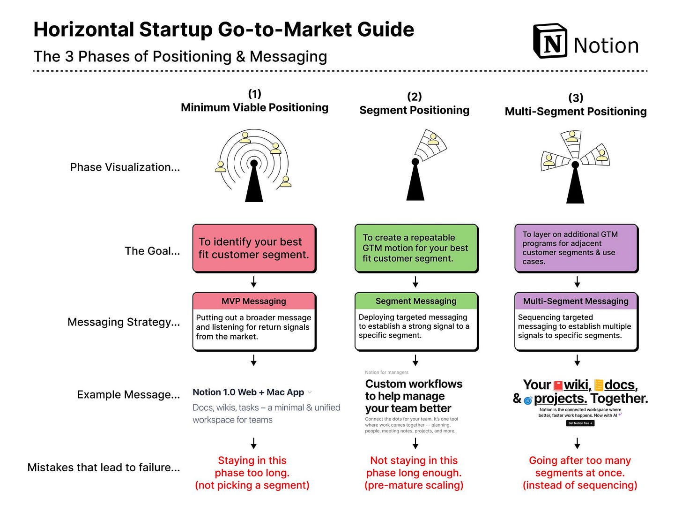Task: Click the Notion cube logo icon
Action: (550, 41)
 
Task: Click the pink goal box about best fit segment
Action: (254, 248)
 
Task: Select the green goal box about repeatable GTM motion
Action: (416, 248)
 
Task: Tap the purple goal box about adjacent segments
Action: (576, 248)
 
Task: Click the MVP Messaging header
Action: (254, 301)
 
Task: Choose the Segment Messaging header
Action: (416, 301)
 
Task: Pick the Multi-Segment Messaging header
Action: (576, 301)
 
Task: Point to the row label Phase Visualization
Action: (125, 167)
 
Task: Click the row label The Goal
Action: (152, 251)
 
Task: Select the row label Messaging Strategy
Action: (124, 322)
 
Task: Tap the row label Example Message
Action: (128, 395)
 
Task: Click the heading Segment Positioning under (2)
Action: (414, 110)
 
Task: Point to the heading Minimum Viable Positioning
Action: (254, 107)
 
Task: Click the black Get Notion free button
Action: (580, 423)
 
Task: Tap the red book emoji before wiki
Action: (558, 386)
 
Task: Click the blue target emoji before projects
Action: (528, 400)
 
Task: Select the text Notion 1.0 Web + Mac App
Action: (248, 392)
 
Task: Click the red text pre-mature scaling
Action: (414, 485)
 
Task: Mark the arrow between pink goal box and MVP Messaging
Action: (254, 282)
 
